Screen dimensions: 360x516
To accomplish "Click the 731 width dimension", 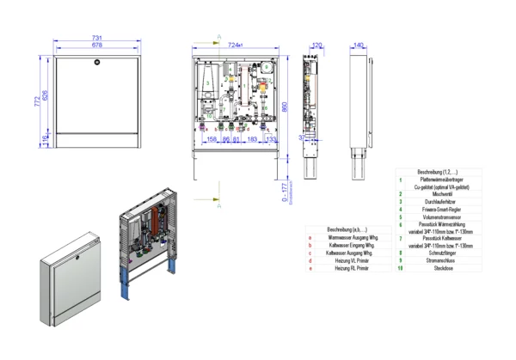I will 96,40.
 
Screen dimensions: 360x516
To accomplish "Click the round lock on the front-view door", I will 96,64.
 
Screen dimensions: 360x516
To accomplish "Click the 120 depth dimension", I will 316,45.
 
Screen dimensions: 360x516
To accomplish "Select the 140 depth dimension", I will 359,45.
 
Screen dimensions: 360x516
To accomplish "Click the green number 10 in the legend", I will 400,268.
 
